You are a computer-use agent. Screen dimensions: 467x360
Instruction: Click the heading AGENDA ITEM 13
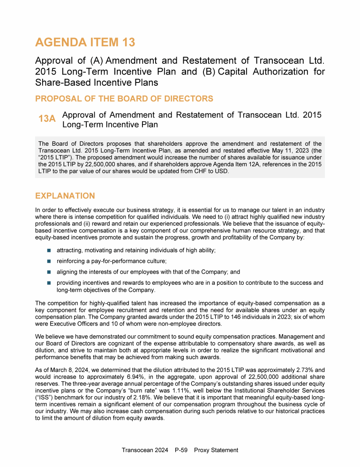point(85,43)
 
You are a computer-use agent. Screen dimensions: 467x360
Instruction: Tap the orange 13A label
point(47,119)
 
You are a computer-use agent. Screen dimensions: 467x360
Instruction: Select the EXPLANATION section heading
point(65,196)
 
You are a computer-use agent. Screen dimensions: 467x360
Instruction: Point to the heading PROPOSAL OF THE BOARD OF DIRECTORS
point(124,99)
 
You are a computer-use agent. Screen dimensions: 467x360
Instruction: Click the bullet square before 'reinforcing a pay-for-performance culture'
point(49,261)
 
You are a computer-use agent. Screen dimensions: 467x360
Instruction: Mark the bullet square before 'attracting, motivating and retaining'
point(49,251)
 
